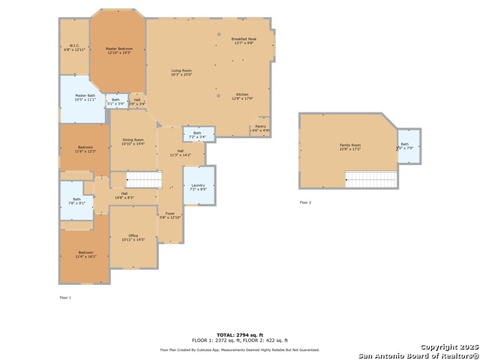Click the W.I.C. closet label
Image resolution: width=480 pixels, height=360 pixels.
coord(74,47)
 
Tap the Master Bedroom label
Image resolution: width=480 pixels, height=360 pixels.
coord(118,50)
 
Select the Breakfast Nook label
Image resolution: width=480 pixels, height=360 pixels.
coord(244,40)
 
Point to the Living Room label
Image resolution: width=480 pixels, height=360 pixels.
coord(181,72)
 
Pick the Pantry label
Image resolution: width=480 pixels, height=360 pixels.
coord(260,128)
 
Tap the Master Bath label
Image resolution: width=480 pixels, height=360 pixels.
coord(85,97)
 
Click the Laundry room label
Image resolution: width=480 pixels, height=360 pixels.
coord(198,186)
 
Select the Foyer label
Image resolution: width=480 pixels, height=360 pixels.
coord(170,214)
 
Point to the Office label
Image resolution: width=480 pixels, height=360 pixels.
coord(133,237)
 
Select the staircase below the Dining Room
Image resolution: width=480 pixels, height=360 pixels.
coord(143,179)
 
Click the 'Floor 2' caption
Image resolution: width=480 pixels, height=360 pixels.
coord(305,202)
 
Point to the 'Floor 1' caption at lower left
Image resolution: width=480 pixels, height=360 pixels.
coord(65,298)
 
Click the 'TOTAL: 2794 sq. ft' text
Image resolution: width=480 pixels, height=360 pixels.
coord(240,334)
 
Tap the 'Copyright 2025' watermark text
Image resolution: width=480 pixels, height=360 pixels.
coord(447,347)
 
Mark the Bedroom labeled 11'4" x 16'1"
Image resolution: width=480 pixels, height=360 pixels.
coord(85,254)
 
